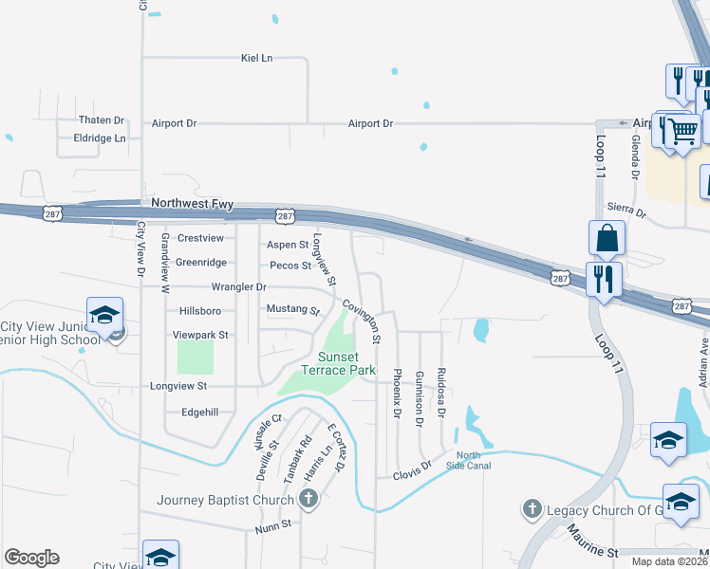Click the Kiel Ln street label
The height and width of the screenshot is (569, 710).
click(x=256, y=58)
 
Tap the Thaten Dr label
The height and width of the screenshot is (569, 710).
click(x=102, y=120)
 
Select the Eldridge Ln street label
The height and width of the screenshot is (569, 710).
click(x=100, y=138)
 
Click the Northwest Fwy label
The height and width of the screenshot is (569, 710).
click(x=185, y=203)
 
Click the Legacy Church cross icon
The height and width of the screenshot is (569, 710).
click(x=532, y=510)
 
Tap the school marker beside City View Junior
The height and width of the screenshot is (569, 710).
click(x=104, y=313)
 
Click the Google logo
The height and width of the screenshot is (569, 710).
click(x=31, y=558)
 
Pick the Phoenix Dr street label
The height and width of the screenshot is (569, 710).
click(x=397, y=392)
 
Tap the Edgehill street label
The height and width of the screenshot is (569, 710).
click(x=199, y=413)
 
